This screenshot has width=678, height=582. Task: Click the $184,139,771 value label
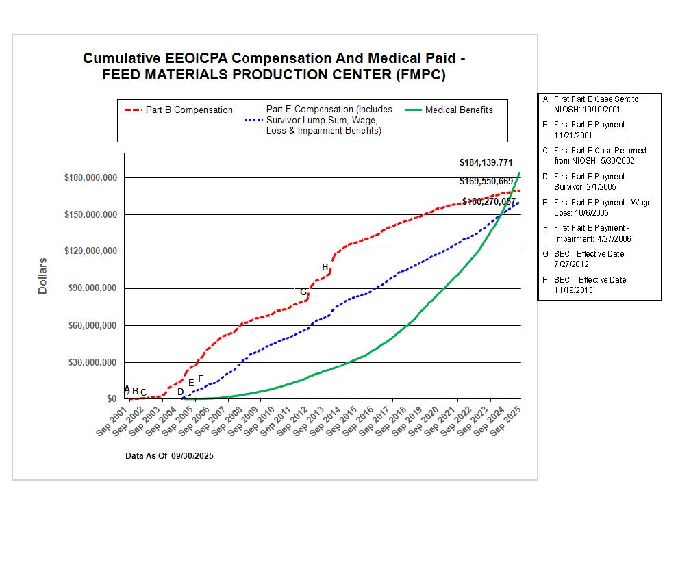coord(486,162)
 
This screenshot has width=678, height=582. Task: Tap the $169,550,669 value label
coord(486,181)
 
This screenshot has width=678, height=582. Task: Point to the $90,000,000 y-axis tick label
coord(90,288)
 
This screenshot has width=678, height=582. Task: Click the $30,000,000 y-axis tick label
coord(90,362)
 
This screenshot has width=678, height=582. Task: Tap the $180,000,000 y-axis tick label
coord(90,178)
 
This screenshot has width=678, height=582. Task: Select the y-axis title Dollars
coord(42,276)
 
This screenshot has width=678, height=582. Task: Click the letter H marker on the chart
coord(325,267)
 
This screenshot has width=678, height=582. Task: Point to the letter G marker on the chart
coord(303,292)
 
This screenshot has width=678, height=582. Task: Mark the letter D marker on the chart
coord(180,392)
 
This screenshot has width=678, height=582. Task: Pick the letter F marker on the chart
coord(201,379)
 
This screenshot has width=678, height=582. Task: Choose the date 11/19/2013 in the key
coord(573,290)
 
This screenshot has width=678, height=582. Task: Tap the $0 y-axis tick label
coord(110,399)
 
